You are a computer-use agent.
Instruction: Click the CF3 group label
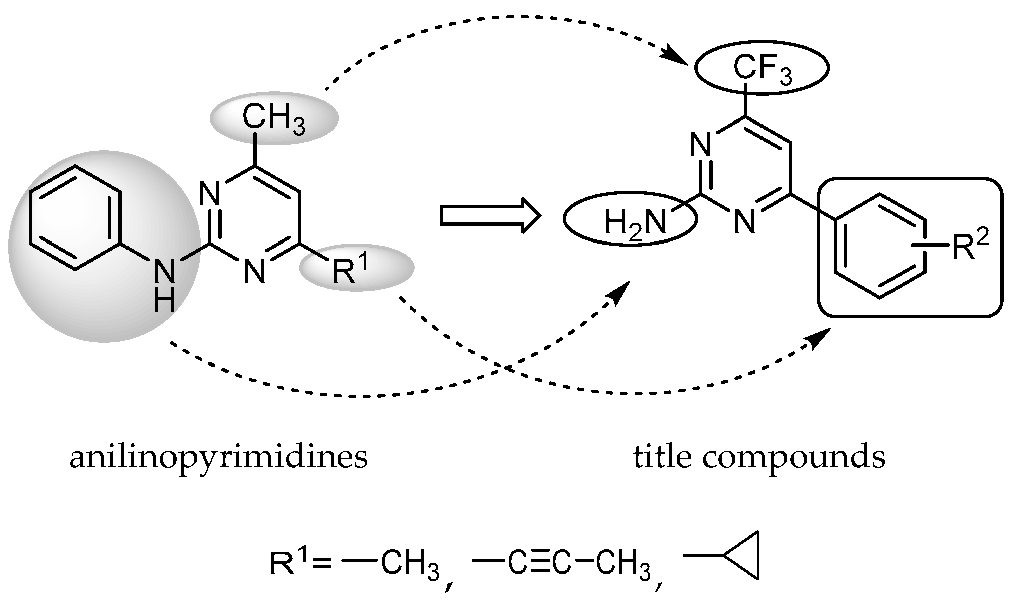coord(762,69)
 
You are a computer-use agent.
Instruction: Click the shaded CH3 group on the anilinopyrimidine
coord(274,118)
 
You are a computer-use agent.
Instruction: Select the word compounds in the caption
coord(794,459)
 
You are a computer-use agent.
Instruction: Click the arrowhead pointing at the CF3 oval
coord(679,56)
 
